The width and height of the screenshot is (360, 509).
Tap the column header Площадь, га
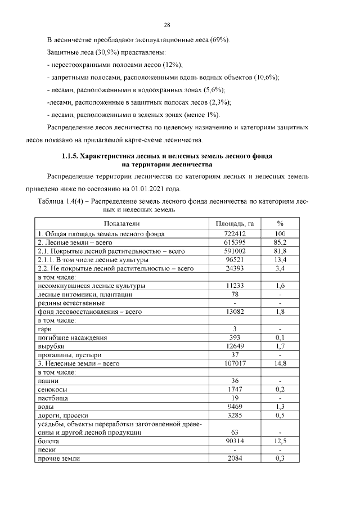click(235, 223)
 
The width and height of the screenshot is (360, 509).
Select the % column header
click(280, 223)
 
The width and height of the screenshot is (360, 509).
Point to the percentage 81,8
click(280, 251)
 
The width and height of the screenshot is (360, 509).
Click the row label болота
click(47, 442)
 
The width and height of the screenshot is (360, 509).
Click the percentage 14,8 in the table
click(280, 363)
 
